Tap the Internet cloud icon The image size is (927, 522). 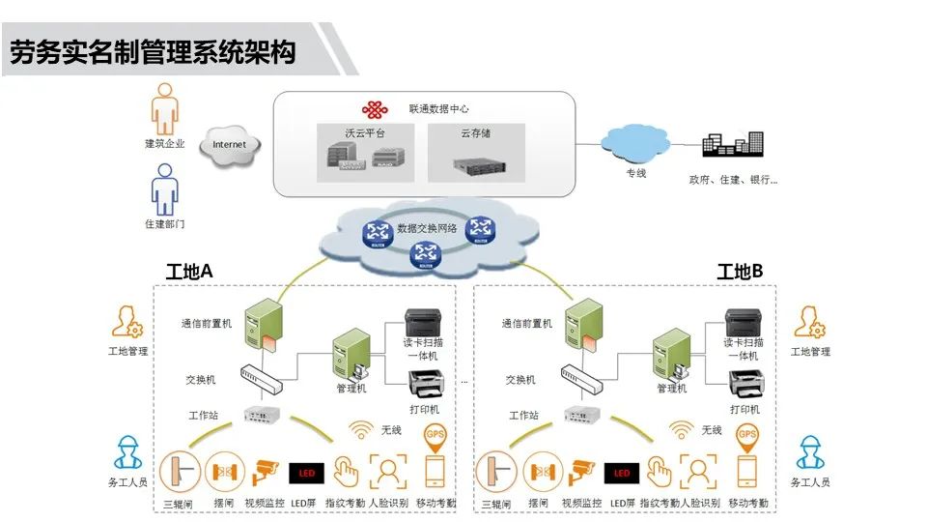229,145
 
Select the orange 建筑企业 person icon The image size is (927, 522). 165,108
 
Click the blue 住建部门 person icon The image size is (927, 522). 165,188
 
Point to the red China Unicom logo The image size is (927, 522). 376,110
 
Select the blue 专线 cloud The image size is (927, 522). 634,144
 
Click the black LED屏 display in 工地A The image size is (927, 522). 306,474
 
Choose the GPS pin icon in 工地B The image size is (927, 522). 747,437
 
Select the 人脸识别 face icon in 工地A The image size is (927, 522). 388,472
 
